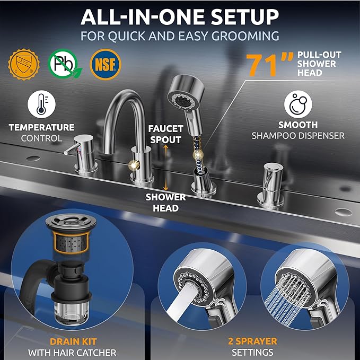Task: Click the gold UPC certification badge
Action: pos(24,64)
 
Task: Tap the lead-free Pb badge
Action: pos(64,64)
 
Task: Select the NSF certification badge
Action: pos(106,64)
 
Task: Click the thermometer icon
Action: pos(41,104)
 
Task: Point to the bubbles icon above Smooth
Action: pos(298,104)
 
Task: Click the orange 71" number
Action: pos(269,65)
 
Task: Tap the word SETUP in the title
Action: pos(245,17)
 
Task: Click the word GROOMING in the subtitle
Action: pos(245,36)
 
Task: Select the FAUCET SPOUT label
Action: pos(165,134)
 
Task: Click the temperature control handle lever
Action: pos(72,149)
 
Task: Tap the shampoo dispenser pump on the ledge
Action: pos(271,185)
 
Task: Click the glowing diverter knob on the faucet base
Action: pos(134,164)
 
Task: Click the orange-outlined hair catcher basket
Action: pos(72,243)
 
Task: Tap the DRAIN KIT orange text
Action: pos(73,341)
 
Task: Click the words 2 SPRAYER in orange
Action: pos(252,341)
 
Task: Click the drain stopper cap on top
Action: pos(71,221)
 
